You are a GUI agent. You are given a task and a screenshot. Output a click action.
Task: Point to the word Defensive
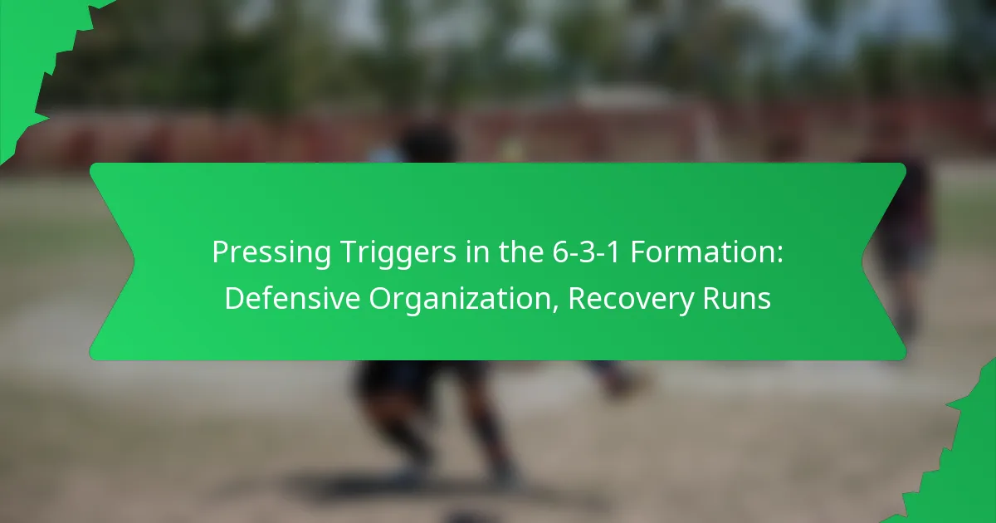pyautogui.click(x=293, y=298)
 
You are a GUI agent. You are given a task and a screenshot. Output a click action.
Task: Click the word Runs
pyautogui.click(x=741, y=298)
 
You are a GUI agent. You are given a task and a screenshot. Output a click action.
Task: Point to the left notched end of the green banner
pyautogui.click(x=112, y=261)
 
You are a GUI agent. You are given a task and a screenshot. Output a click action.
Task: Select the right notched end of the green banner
pyautogui.click(x=884, y=261)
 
